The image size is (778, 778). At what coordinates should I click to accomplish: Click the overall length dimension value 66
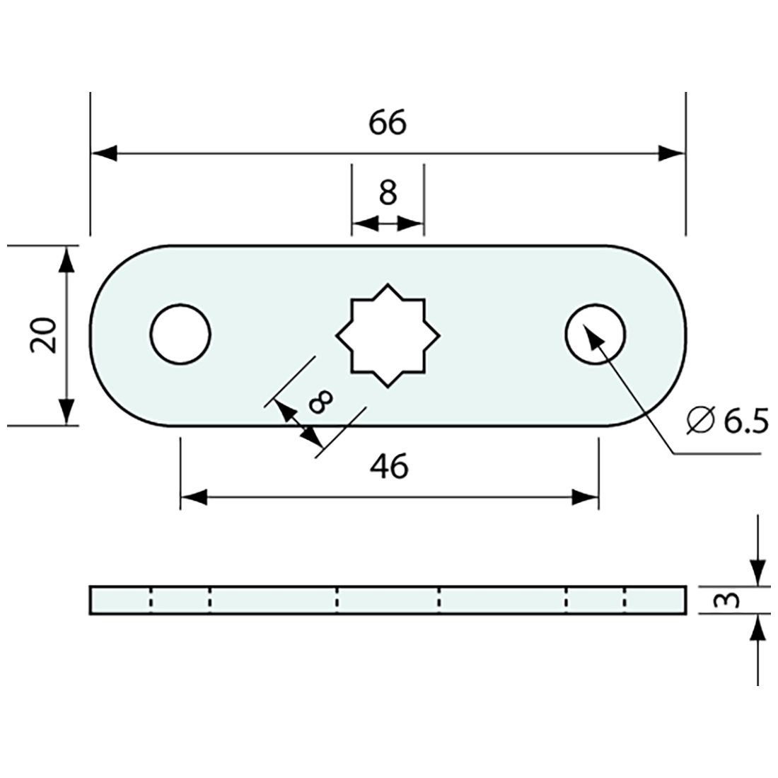pyautogui.click(x=388, y=123)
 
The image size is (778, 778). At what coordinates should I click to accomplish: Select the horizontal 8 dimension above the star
pyautogui.click(x=388, y=192)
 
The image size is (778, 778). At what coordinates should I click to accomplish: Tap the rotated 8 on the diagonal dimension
pyautogui.click(x=320, y=402)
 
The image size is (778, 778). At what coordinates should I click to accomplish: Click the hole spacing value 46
pyautogui.click(x=389, y=467)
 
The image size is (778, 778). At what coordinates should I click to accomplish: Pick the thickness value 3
pyautogui.click(x=731, y=600)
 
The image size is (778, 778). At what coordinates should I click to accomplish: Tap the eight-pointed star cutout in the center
pyautogui.click(x=388, y=335)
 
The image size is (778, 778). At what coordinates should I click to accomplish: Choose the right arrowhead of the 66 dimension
pyautogui.click(x=672, y=153)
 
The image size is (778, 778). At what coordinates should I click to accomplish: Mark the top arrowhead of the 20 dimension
pyautogui.click(x=66, y=259)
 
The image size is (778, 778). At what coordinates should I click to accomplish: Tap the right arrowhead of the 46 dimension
pyautogui.click(x=586, y=497)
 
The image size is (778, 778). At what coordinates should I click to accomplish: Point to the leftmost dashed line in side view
pyautogui.click(x=151, y=600)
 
